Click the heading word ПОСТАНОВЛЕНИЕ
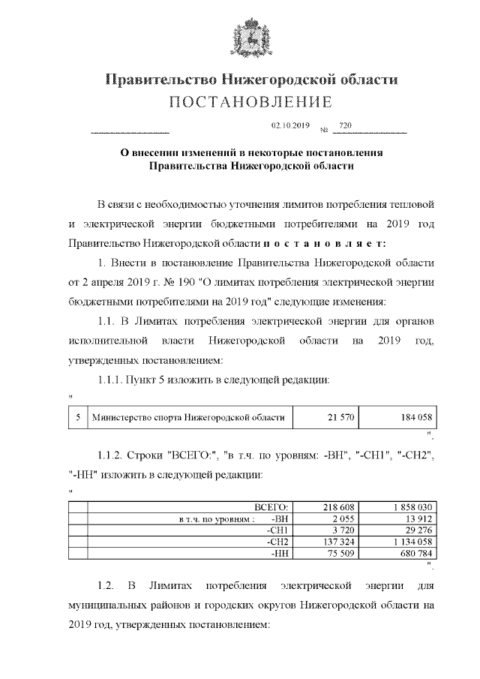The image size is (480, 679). tap(252, 102)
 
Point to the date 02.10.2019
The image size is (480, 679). tap(290, 125)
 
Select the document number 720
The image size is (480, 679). tap(346, 125)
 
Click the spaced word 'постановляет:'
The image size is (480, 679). tap(325, 244)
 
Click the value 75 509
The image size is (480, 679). tap(340, 553)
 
